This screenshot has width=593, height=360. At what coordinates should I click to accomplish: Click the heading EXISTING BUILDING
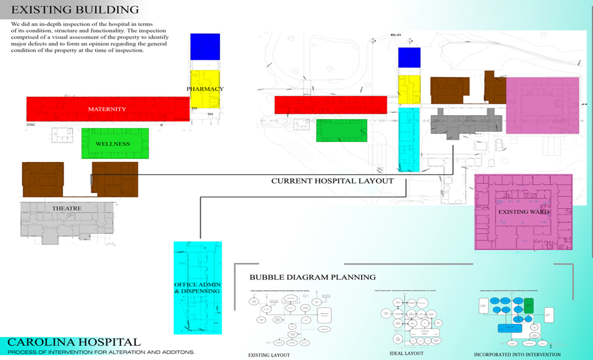tap(75, 10)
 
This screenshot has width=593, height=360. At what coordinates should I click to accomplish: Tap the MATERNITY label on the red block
tap(107, 109)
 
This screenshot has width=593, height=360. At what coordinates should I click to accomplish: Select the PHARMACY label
tap(205, 89)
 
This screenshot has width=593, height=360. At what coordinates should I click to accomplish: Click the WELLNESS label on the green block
tap(113, 144)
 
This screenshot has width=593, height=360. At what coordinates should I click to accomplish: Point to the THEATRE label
tap(67, 208)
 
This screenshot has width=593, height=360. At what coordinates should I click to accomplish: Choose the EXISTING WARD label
tap(523, 212)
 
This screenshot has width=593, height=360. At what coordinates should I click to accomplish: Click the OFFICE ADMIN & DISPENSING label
tap(198, 288)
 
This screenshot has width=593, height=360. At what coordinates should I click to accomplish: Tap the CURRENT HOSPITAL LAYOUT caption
tap(332, 181)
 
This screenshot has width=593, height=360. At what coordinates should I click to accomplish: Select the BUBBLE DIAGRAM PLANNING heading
tap(312, 277)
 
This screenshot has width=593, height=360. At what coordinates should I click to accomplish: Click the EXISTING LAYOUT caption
tap(269, 355)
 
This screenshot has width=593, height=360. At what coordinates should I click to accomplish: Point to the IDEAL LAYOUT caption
tap(406, 353)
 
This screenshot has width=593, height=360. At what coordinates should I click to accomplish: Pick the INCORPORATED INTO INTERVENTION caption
tap(517, 355)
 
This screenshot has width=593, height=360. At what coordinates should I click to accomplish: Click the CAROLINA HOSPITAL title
tap(74, 342)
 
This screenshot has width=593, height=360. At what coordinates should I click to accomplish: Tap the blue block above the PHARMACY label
tap(205, 46)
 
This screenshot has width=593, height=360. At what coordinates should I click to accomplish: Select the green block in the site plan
tap(341, 130)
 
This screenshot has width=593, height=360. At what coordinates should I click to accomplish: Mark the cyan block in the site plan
tap(408, 140)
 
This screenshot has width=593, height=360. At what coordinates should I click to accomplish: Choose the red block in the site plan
tap(330, 105)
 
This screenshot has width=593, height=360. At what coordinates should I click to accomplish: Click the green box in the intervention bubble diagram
tap(529, 306)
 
